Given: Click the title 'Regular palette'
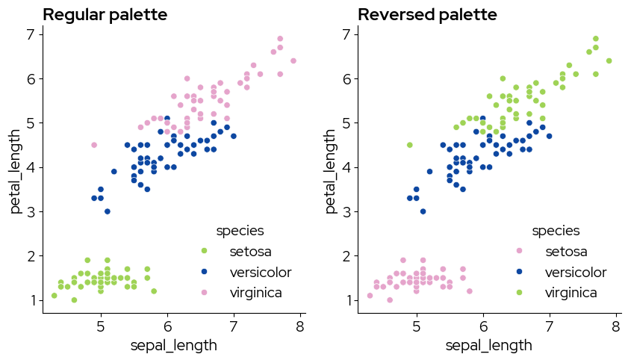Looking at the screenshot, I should tap(105, 15).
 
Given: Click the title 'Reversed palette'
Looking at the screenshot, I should tap(427, 15).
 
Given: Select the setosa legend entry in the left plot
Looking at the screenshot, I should tap(251, 250).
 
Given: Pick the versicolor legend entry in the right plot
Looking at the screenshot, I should tap(575, 272).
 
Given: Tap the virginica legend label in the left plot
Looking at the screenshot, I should tap(257, 293).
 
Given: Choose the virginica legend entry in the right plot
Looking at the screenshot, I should tap(571, 293).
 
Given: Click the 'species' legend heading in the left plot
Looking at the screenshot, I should tap(240, 230).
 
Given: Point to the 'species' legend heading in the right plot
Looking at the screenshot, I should tap(555, 230).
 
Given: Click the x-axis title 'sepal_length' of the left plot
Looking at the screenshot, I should tap(173, 345).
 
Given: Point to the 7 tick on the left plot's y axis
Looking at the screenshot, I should tap(29, 34).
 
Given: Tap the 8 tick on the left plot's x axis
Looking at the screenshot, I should tap(300, 326).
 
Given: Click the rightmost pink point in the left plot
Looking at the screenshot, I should tap(293, 60).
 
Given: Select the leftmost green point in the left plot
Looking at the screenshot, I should tap(54, 296).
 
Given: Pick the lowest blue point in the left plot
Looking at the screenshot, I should tap(108, 211).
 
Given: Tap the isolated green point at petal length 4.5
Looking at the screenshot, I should tap(409, 145).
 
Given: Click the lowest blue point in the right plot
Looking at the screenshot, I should tap(423, 211).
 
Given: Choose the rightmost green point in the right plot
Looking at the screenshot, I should tap(609, 60).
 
